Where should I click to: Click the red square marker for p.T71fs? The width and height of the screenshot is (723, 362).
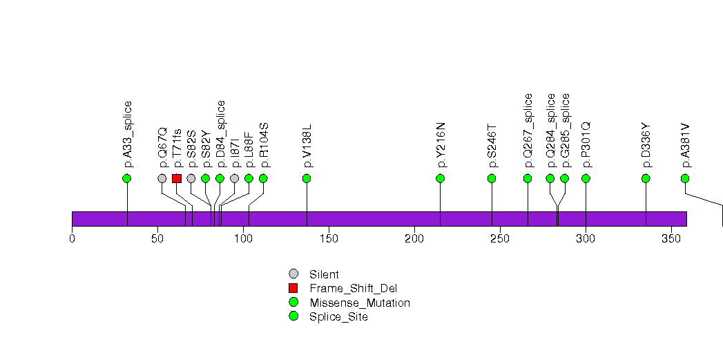point(177,178)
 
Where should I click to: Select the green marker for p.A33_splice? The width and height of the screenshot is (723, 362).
point(126,178)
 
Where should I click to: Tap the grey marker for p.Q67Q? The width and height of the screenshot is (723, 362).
point(162,178)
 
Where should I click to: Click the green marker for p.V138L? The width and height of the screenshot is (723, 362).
point(307,178)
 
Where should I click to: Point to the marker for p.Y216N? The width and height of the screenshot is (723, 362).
point(441,178)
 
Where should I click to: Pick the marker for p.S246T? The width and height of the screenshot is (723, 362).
point(492,178)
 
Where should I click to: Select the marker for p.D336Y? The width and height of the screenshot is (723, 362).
point(646,178)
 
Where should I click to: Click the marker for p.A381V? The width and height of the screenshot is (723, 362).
point(685,178)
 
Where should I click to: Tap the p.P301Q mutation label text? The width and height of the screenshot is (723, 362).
point(586,144)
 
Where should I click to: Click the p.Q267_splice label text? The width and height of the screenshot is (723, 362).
point(528,131)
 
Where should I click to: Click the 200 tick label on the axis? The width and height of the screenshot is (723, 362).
point(414,239)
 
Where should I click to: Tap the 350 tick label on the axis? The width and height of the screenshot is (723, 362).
point(671,239)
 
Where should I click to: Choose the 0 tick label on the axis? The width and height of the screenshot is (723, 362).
point(72,239)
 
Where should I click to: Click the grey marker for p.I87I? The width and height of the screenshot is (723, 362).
point(234,178)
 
